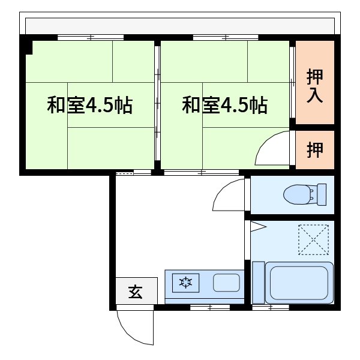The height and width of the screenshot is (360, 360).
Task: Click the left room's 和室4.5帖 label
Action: pos(90,106)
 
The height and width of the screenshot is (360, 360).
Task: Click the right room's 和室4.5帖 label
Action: pos(225,106)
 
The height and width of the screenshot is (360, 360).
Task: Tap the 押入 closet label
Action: pos(314,85)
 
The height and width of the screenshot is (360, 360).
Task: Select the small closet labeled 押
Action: pos(314,149)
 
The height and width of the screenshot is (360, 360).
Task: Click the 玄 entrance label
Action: pos(135,293)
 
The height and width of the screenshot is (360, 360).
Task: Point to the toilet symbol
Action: pos(298,194)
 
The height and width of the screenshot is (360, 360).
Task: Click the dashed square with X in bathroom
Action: pos(313,239)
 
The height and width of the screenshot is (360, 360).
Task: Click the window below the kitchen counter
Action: pos(209,307)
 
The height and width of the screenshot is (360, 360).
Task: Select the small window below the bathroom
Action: pos(271,307)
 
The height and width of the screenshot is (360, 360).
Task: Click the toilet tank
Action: pos(321,193)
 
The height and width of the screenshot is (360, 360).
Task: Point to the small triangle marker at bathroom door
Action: pos(256,226)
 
